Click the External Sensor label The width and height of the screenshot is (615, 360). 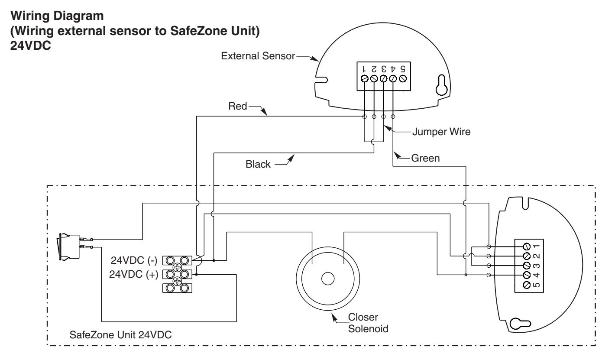pyautogui.click(x=258, y=56)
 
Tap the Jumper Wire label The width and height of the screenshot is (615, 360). pyautogui.click(x=441, y=132)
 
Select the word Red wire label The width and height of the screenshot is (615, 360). pyautogui.click(x=238, y=106)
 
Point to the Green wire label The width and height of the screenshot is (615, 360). pyautogui.click(x=425, y=158)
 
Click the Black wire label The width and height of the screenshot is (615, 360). pyautogui.click(x=258, y=164)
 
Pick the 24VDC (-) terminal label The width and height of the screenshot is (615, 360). pyautogui.click(x=134, y=260)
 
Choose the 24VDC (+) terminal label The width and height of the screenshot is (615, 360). pyautogui.click(x=134, y=274)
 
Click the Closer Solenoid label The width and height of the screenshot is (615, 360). pyautogui.click(x=368, y=323)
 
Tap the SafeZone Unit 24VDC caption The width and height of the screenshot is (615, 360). pyautogui.click(x=120, y=335)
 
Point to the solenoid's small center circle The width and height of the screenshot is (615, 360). pyautogui.click(x=327, y=279)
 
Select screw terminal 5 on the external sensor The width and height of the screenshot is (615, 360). pyautogui.click(x=402, y=79)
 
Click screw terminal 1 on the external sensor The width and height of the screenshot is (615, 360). pyautogui.click(x=364, y=79)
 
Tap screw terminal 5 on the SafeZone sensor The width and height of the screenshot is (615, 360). pyautogui.click(x=527, y=285)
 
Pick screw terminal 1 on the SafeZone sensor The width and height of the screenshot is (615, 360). pyautogui.click(x=527, y=246)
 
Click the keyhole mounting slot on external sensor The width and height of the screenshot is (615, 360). pyautogui.click(x=442, y=85)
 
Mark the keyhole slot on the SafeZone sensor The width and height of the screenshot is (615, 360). pyautogui.click(x=520, y=324)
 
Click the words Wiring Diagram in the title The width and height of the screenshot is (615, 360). pyautogui.click(x=57, y=16)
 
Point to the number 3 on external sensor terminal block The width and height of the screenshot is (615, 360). pyautogui.click(x=384, y=68)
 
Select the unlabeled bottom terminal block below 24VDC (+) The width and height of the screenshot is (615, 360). pyautogui.click(x=178, y=288)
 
